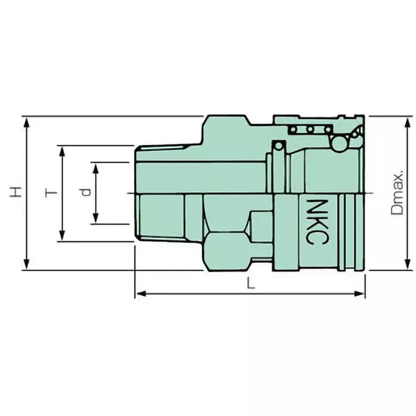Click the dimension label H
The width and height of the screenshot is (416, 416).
(17, 192)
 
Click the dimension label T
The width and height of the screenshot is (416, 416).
(50, 193)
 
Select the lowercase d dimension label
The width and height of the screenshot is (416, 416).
(85, 192)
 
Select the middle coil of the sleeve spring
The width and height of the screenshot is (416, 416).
(310, 129)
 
